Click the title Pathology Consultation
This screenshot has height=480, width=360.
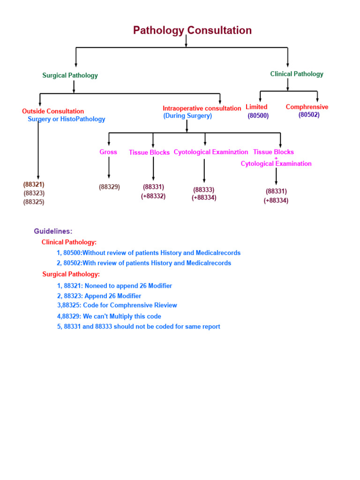point(192,30)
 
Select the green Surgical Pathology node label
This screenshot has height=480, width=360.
point(70,75)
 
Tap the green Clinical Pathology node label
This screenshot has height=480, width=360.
point(296,74)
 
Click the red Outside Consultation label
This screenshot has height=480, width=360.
point(53,112)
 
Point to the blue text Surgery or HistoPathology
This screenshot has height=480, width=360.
point(66,119)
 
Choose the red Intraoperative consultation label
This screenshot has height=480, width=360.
point(202,108)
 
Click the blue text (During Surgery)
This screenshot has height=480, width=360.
point(187,116)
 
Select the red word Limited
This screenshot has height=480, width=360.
point(256,107)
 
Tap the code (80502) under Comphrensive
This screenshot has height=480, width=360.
point(309,115)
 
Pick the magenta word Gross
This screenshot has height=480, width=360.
point(108,152)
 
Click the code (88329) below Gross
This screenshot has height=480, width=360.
point(109,187)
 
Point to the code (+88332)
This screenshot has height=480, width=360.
point(153,196)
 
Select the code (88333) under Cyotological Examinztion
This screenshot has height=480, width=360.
point(203,190)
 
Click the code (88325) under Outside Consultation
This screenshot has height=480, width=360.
point(34,202)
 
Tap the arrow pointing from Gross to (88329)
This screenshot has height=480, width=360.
point(109,168)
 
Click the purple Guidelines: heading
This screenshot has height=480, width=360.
point(53,231)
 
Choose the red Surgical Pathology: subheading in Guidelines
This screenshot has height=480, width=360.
point(71,274)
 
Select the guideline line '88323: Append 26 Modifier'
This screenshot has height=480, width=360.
point(99,296)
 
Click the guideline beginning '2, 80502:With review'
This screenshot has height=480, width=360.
point(144,263)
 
